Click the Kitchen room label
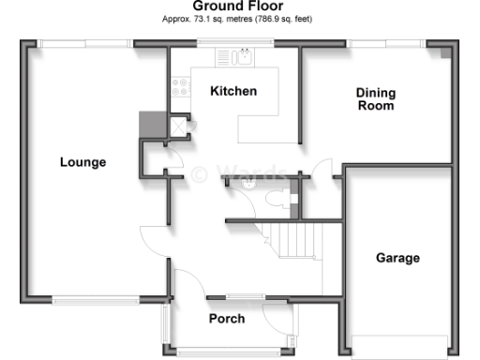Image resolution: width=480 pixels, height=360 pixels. coord(233,91)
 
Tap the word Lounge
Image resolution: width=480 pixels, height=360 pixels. coord(82,162)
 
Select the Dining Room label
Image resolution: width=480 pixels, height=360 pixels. coord(375,99)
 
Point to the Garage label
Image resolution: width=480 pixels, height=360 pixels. coord(397,258)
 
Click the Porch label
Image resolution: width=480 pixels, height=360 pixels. coord(226,319)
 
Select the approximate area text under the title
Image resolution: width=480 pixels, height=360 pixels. coord(238,18)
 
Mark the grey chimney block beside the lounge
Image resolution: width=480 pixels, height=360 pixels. coord(150,125)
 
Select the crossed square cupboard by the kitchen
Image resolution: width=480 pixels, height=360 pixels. coord(174,125)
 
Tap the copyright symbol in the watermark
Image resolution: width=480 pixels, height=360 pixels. coord(200,173)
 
